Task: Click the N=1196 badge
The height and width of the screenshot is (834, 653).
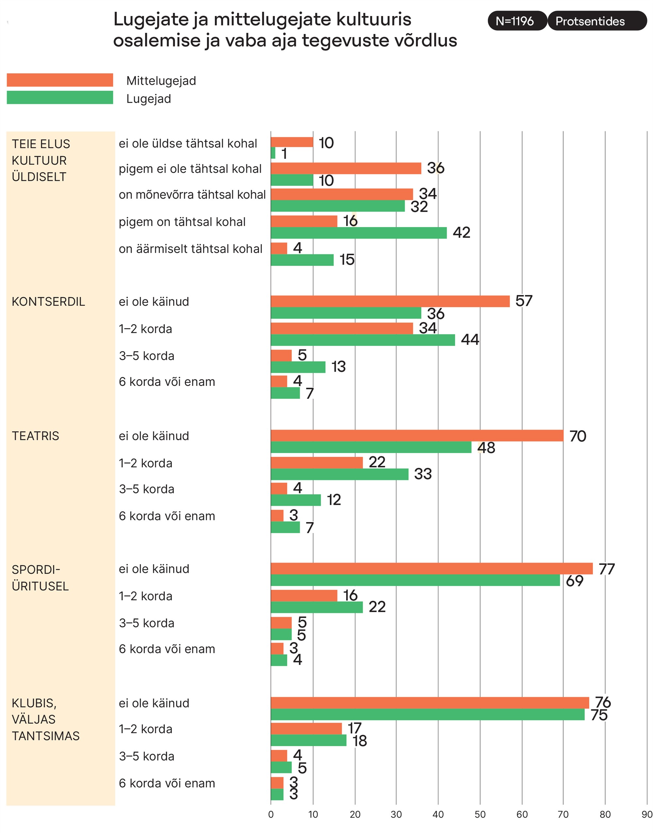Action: point(517,21)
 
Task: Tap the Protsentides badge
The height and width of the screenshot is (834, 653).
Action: point(596,21)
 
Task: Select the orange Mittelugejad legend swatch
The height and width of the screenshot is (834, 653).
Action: point(60,80)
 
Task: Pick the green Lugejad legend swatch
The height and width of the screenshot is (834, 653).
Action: point(60,98)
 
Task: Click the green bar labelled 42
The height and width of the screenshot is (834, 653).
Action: point(358,233)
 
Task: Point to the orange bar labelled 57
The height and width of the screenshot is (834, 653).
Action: point(390,301)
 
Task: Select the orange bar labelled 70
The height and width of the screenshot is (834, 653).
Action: point(417,436)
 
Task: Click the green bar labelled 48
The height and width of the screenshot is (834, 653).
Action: point(371,447)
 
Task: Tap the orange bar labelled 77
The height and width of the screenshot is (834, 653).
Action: point(432,568)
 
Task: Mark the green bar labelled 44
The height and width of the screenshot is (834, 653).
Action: point(363,340)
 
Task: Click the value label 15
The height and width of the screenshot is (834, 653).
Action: point(347,260)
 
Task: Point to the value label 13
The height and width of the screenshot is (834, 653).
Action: point(338,367)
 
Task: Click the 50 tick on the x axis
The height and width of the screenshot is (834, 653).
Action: point(480,814)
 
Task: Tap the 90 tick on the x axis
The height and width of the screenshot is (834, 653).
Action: point(647,814)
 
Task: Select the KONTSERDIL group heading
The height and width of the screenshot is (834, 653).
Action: point(48,302)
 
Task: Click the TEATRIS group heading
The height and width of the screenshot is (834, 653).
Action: point(36,436)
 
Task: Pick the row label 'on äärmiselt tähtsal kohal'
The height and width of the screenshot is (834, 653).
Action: point(190,249)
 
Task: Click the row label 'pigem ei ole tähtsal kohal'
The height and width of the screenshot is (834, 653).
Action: point(190,169)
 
